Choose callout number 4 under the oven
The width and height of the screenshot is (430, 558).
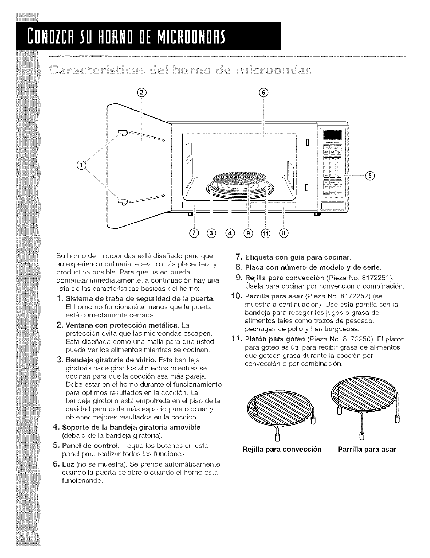pos(231,233)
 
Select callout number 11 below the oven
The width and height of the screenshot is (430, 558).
pos(266,233)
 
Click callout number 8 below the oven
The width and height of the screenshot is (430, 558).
pos(284,233)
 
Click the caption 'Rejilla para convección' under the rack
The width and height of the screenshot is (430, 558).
pos(282,450)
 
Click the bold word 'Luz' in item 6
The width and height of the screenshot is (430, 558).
pos(69,464)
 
